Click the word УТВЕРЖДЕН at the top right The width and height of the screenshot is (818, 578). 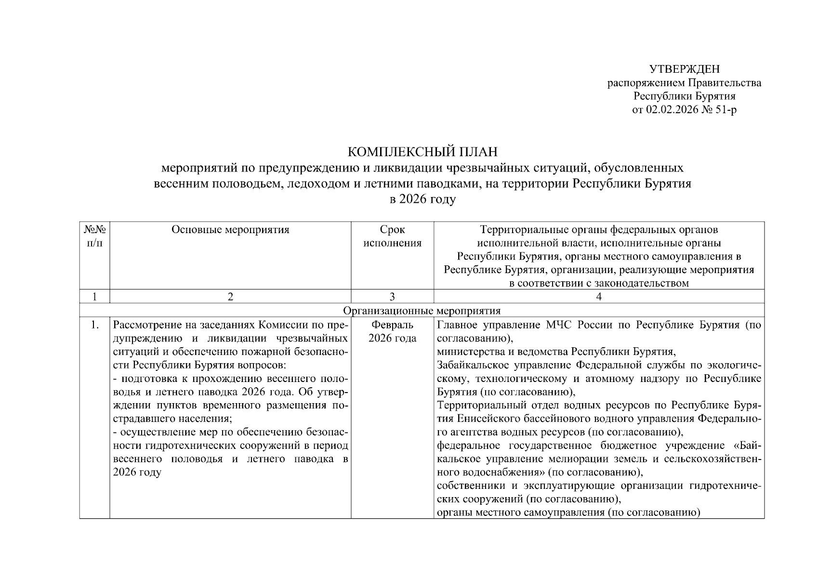684,69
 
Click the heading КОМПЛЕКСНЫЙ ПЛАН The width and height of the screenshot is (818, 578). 422,152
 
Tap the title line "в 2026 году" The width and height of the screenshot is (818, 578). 422,199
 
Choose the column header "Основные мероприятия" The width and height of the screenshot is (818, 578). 230,230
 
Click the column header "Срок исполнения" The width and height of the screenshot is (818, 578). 392,236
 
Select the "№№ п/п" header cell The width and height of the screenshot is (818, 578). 94,236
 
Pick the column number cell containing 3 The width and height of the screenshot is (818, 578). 392,297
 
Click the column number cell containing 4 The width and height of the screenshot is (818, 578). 599,297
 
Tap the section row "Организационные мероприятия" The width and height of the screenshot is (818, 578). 422,311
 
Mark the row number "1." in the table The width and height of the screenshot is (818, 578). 95,325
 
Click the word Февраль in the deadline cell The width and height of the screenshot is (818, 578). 392,325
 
